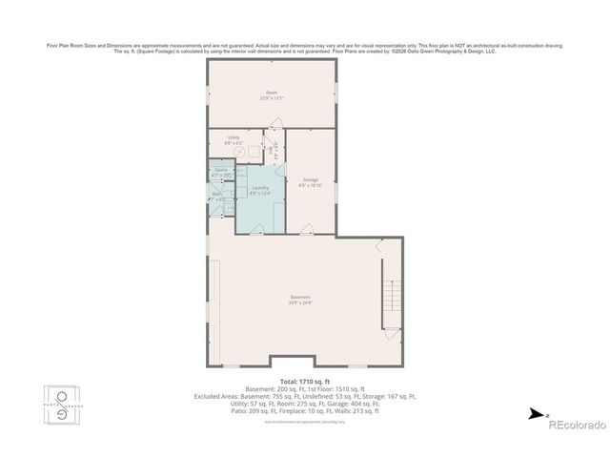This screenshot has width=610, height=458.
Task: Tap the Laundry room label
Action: (260, 187)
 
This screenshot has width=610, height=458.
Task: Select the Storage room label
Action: (311, 178)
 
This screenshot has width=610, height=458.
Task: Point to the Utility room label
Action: (234, 136)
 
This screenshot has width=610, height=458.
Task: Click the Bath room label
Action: (216, 194)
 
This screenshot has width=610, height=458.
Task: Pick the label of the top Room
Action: (272, 92)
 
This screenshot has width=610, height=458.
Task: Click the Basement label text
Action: (299, 298)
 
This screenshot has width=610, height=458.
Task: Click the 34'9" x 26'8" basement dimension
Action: (299, 303)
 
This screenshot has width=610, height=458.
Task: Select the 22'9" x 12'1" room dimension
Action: (272, 97)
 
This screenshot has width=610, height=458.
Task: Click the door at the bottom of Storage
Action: (306, 230)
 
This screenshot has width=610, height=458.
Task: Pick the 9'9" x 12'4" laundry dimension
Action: (260, 193)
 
